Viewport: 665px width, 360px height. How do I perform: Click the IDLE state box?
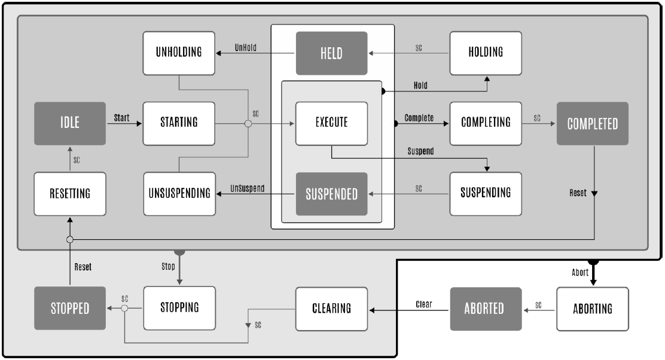click(70, 124)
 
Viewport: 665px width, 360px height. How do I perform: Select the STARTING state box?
click(179, 124)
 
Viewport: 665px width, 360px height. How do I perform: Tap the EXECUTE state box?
click(331, 124)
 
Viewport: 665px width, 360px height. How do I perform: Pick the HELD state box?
click(331, 53)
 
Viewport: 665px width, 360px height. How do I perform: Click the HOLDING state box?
click(486, 53)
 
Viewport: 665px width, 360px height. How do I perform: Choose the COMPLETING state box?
click(486, 123)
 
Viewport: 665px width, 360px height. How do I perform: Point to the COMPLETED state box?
click(593, 124)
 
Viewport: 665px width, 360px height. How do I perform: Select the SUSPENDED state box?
click(331, 194)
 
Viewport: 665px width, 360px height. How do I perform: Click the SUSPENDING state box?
click(486, 194)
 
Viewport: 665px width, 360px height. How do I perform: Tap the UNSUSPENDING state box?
click(179, 194)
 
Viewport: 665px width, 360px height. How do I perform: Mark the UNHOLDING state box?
click(179, 53)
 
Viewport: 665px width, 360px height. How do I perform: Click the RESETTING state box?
click(70, 194)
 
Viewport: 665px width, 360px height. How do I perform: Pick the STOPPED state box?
click(70, 309)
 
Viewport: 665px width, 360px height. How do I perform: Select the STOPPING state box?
click(179, 309)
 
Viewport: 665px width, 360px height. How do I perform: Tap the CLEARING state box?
click(331, 309)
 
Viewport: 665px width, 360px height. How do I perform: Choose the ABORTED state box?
click(486, 309)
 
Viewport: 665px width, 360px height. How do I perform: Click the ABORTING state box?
click(593, 309)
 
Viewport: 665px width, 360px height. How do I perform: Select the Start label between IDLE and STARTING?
click(122, 118)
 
